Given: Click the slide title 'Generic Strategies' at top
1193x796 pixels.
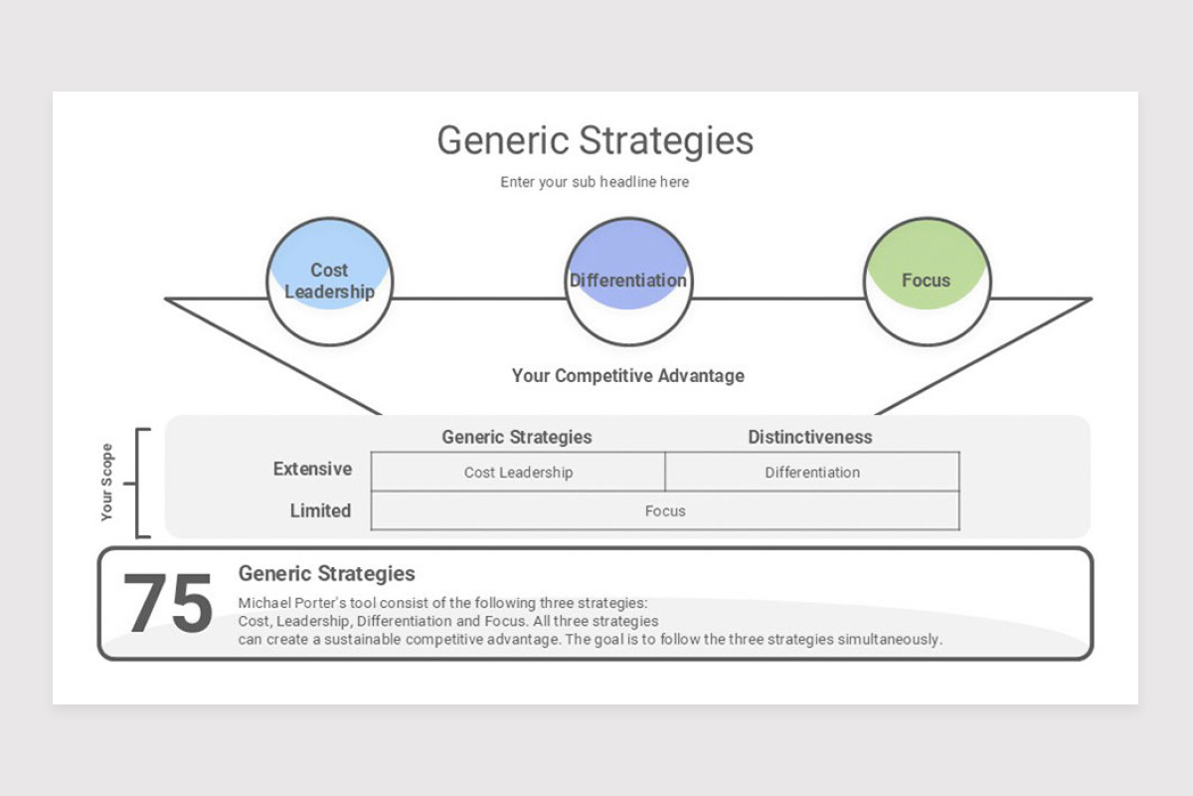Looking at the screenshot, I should click(595, 140).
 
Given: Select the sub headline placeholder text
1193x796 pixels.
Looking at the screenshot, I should click(595, 182).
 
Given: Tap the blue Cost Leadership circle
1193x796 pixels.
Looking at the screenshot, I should click(330, 282).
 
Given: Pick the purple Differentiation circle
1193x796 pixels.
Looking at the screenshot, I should click(627, 282).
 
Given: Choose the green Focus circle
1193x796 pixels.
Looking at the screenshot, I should click(926, 282).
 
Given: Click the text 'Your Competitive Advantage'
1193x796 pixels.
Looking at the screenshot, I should click(627, 376).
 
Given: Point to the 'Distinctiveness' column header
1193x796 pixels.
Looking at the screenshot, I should click(809, 437).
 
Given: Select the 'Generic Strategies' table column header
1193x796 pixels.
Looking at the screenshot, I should click(516, 437).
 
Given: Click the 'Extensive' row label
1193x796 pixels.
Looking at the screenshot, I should click(312, 469).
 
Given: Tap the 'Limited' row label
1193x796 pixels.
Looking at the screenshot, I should click(320, 510).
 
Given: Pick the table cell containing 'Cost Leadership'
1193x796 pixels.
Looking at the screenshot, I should click(518, 473).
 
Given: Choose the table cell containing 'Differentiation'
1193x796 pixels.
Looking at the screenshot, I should click(812, 473).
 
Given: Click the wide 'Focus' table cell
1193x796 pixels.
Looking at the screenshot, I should click(665, 511).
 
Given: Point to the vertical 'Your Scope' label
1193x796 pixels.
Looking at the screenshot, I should click(107, 483).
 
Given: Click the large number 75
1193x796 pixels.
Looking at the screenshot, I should click(167, 604).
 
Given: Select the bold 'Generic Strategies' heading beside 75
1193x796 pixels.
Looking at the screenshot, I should click(326, 574).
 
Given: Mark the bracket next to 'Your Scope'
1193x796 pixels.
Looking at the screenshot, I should click(139, 484).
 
